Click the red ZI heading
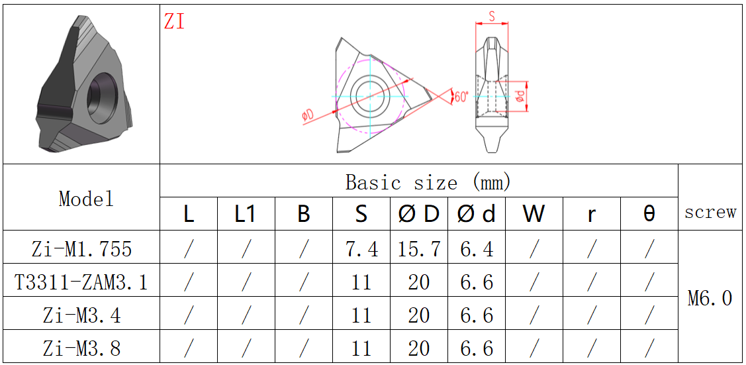[174, 21]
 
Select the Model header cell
[86, 199]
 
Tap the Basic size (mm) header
[428, 182]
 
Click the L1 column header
[246, 214]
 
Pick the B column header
[304, 214]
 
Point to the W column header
[534, 214]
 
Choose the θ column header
[649, 214]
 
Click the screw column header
[710, 212]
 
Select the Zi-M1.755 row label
[81, 248]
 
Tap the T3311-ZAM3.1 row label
[81, 282]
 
